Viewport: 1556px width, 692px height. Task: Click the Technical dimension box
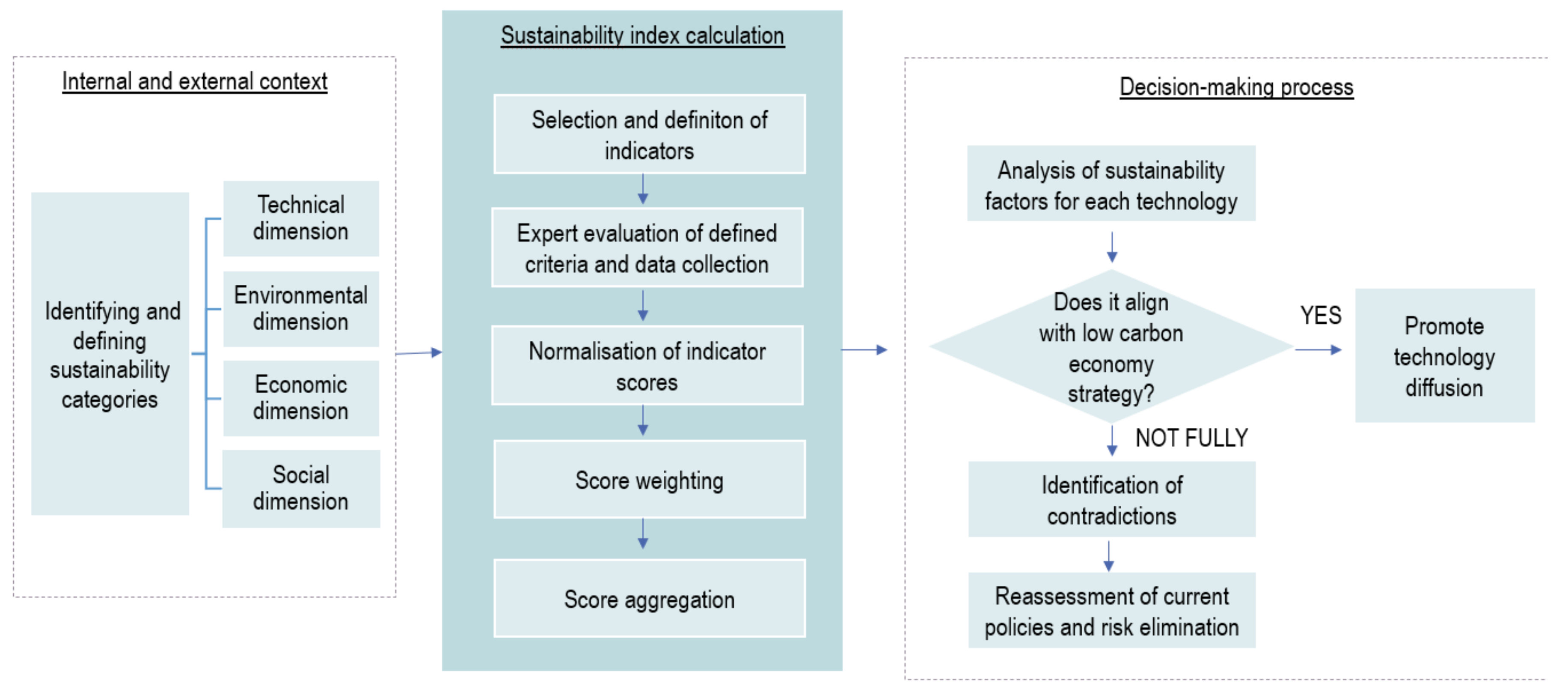tap(301, 218)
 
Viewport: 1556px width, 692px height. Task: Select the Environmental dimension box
tap(301, 308)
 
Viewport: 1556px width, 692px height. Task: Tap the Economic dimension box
tap(301, 398)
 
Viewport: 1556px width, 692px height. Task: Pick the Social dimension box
tap(301, 488)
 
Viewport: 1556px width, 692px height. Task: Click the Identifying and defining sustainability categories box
tap(110, 354)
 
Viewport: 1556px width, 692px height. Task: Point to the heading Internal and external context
tap(194, 82)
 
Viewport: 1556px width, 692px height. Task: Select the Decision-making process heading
tap(1236, 87)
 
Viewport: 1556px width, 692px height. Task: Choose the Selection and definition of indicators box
tap(649, 134)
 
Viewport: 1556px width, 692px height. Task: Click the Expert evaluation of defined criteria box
tap(647, 248)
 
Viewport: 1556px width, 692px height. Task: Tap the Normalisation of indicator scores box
tap(647, 366)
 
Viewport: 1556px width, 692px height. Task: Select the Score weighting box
tap(649, 480)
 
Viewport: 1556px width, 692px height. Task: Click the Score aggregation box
tap(649, 599)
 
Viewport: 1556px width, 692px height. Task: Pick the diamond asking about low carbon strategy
tap(1111, 348)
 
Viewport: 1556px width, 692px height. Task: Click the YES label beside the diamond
tap(1321, 316)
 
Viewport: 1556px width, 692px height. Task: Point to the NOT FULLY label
tap(1191, 438)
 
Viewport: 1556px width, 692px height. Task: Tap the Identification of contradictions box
tap(1111, 500)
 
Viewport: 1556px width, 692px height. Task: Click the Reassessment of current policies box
tap(1111, 611)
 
